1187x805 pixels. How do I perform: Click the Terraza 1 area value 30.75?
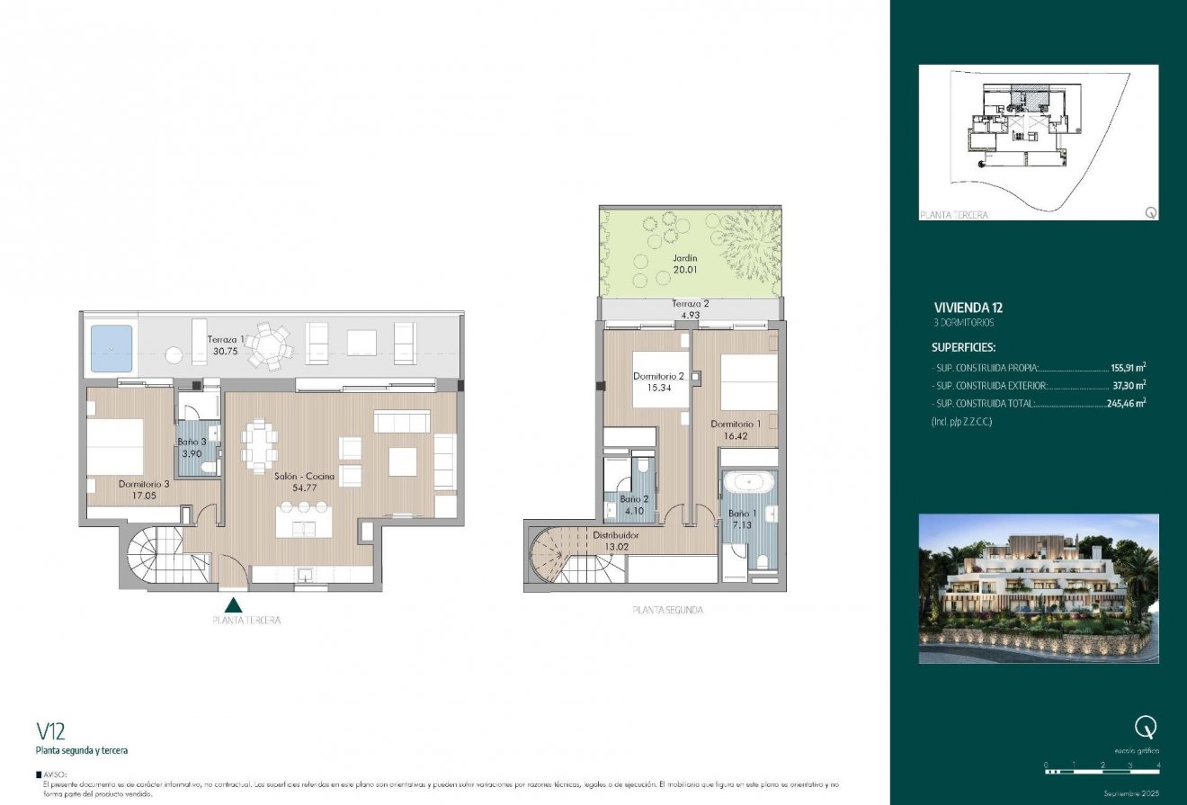(x=226, y=352)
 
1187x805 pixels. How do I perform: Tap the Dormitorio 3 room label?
(x=143, y=484)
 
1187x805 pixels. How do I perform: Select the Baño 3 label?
(x=192, y=442)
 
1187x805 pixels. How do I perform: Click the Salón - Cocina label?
(x=304, y=476)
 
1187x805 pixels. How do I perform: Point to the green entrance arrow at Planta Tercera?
(x=234, y=605)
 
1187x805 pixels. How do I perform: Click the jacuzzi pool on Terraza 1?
(x=111, y=349)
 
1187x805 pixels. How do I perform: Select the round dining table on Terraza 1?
(x=270, y=345)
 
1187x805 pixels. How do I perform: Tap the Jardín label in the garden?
(x=685, y=257)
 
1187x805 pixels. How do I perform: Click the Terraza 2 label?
(x=690, y=304)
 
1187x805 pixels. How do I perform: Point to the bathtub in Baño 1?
(x=749, y=483)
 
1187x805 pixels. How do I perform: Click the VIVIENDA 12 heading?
(x=968, y=308)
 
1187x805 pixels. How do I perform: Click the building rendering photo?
(x=1039, y=588)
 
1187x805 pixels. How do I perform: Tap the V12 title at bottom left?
(x=50, y=729)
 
